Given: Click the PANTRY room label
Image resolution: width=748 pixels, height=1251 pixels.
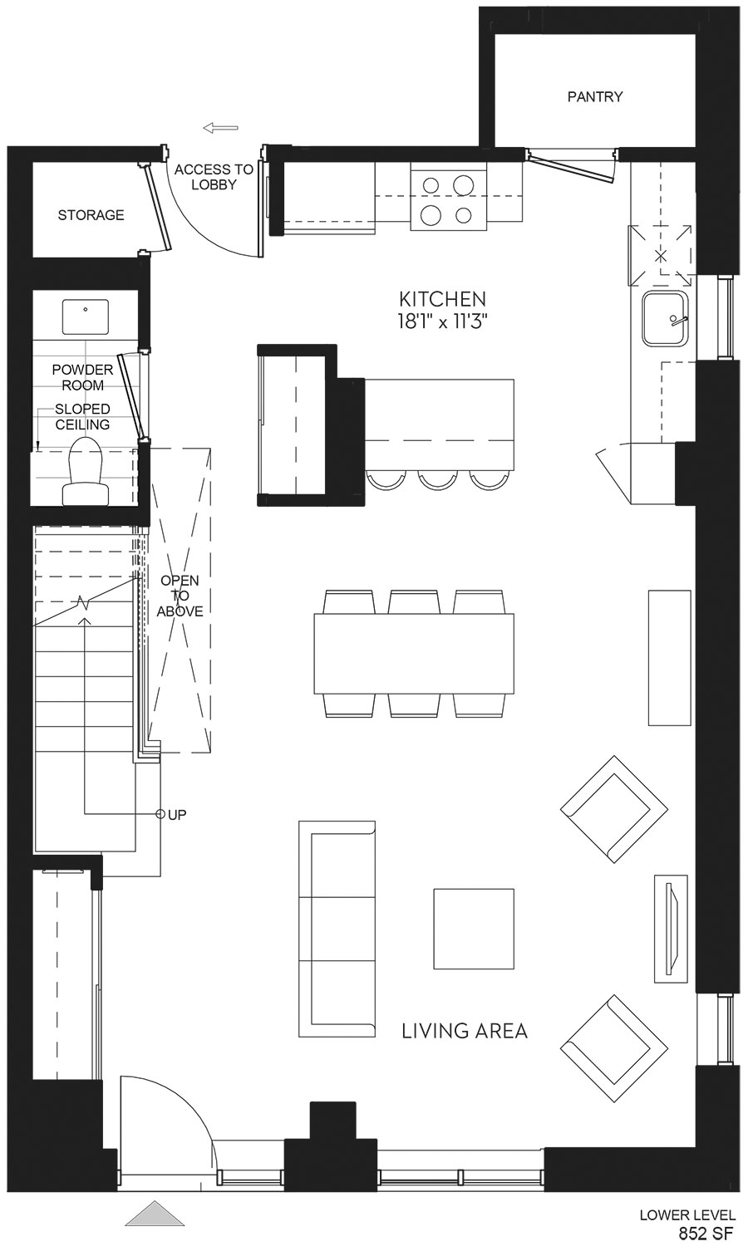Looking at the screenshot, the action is (595, 96).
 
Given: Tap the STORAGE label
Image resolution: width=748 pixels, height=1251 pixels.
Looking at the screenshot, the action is (91, 215).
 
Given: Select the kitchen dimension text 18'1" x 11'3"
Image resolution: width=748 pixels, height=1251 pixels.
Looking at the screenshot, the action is (442, 322).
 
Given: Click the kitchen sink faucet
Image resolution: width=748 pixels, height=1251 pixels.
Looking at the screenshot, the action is (677, 321).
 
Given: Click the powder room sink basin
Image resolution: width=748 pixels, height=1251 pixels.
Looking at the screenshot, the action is (85, 316).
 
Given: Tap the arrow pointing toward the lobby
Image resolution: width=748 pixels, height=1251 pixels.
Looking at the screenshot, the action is (220, 129).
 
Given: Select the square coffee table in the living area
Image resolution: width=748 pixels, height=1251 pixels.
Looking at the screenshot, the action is (474, 929).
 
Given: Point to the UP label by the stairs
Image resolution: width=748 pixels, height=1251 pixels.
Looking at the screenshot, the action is (177, 815).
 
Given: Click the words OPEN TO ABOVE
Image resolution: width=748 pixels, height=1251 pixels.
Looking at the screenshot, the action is (180, 596).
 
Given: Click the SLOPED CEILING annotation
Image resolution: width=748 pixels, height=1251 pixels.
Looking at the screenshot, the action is (82, 417).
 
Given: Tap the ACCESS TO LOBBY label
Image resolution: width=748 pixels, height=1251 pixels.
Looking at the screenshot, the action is (214, 177).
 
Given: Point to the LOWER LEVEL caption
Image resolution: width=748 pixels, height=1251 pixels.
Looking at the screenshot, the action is (687, 1214).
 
